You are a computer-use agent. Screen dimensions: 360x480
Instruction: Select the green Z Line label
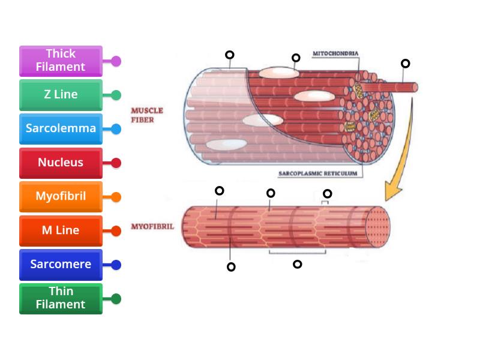[x=61, y=95]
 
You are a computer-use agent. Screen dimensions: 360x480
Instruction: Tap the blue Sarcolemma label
[x=61, y=128]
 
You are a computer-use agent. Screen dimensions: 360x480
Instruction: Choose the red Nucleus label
[x=61, y=163]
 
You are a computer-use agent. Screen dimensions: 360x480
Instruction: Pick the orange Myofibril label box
[x=61, y=196]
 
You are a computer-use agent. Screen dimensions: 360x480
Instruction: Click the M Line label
[x=61, y=230]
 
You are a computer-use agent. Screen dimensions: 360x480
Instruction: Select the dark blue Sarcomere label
[x=61, y=265]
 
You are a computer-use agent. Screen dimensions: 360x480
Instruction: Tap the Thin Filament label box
[x=61, y=298]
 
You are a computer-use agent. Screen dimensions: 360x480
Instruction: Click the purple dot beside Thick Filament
[x=116, y=61]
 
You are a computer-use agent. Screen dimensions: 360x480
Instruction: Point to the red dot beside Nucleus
[x=116, y=163]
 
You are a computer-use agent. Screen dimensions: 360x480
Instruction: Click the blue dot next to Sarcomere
[x=116, y=265]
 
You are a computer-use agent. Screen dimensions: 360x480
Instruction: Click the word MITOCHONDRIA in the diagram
[x=335, y=54]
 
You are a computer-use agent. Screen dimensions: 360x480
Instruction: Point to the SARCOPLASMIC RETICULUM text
[x=317, y=174]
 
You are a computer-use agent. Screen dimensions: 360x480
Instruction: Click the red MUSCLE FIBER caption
[x=147, y=115]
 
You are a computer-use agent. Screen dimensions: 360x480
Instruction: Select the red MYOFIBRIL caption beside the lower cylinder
[x=152, y=227]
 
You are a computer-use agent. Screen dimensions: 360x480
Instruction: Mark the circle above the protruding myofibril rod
[x=406, y=64]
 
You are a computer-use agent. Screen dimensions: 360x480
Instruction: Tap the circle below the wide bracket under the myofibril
[x=297, y=264]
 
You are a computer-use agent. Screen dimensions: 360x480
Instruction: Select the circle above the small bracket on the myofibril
[x=327, y=193]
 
